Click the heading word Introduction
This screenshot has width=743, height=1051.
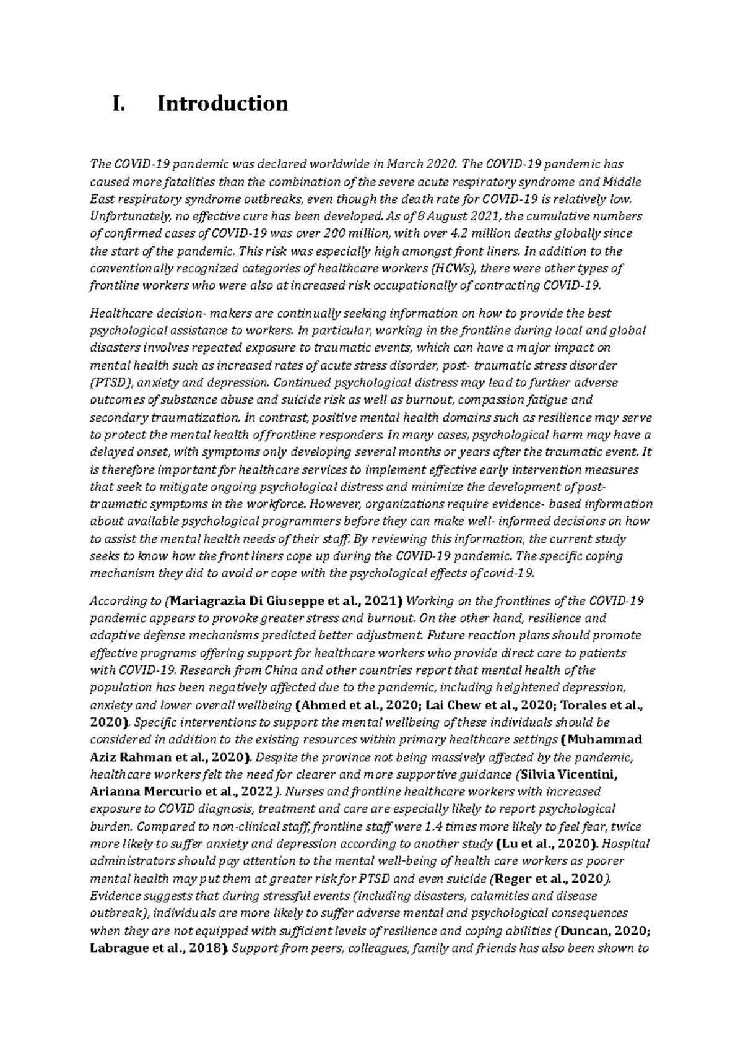pos(222,103)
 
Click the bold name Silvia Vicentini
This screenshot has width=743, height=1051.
pos(570,774)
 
